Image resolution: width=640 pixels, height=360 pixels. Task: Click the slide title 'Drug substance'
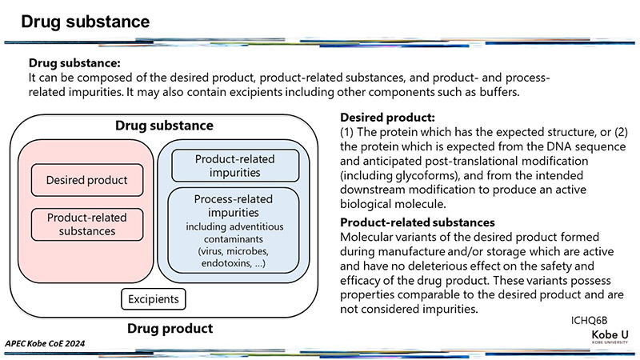tap(86, 22)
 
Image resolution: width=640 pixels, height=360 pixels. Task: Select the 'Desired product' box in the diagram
tap(87, 180)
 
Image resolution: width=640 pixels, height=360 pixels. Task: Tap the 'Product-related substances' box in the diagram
tap(87, 225)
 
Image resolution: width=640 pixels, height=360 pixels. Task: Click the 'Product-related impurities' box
tap(235, 166)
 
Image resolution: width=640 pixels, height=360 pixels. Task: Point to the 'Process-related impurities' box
tap(234, 230)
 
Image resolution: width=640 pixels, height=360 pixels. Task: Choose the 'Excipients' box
tap(154, 299)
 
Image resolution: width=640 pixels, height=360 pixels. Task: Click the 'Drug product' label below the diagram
tap(170, 328)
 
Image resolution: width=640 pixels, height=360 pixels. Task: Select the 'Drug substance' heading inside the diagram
tap(164, 126)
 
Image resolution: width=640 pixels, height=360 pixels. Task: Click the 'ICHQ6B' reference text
tap(589, 321)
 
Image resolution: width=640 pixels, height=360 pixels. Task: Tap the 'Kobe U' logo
tap(610, 336)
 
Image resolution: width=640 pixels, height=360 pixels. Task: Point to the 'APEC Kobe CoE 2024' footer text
tap(45, 343)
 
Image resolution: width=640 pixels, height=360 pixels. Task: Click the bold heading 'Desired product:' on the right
tap(387, 118)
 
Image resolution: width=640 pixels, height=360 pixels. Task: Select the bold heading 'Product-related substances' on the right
tap(417, 222)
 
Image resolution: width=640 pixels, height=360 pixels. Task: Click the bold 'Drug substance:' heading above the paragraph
tap(74, 63)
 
